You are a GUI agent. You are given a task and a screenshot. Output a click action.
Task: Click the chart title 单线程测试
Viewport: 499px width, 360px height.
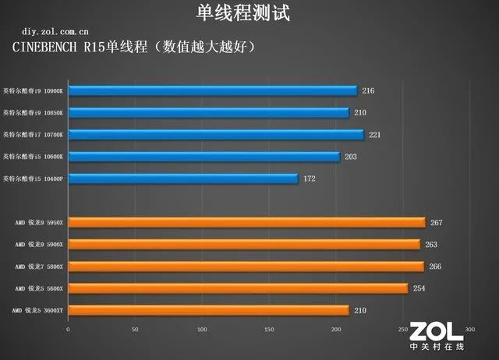[x=249, y=13]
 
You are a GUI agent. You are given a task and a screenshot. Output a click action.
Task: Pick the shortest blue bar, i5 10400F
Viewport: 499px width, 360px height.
[x=183, y=179]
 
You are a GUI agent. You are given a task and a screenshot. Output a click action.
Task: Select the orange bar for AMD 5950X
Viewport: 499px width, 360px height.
[x=246, y=223]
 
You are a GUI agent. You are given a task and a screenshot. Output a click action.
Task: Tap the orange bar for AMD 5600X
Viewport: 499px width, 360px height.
[x=238, y=288]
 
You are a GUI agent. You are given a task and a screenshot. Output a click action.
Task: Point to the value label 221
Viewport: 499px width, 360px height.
[x=375, y=135]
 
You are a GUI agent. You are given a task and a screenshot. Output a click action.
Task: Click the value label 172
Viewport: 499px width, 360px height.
[x=310, y=179]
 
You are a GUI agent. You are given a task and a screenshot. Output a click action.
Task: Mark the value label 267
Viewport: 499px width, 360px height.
[x=436, y=223]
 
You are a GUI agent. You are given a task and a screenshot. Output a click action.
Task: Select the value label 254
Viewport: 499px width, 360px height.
[x=419, y=288]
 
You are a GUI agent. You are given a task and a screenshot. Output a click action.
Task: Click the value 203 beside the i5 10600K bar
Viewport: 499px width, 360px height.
[x=351, y=157]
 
